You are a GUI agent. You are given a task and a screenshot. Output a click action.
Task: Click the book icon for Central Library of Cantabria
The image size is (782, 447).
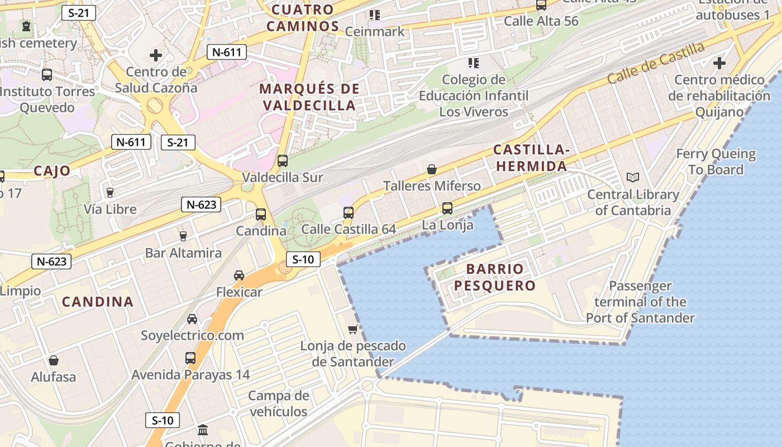pyautogui.click(x=632, y=178)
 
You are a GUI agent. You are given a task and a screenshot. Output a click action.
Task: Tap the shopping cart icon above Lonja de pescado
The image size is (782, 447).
pyautogui.click(x=352, y=329)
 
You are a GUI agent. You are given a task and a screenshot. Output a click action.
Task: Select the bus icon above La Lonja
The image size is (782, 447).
pyautogui.click(x=447, y=208)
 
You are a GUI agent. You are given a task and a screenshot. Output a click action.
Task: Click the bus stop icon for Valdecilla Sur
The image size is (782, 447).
pyautogui.click(x=283, y=161)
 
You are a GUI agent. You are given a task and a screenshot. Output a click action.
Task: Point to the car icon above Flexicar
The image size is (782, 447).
pyautogui.click(x=239, y=275)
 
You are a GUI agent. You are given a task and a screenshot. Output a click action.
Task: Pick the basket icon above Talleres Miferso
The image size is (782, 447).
pyautogui.click(x=431, y=169)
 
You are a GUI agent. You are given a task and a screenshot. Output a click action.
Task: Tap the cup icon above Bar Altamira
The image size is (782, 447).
pyautogui.click(x=183, y=236)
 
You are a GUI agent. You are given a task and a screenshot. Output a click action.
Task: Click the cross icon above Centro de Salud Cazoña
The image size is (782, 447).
pyautogui.click(x=156, y=55)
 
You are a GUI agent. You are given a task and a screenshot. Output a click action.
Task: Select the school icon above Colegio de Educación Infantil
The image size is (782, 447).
pyautogui.click(x=474, y=63)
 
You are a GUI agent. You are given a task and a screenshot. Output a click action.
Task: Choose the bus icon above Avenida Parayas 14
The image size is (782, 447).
pyautogui.click(x=190, y=358)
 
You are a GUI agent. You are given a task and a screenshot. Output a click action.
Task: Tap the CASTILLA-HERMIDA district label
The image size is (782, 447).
pyautogui.click(x=532, y=158)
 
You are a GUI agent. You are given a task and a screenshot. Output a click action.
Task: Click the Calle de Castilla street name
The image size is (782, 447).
pyautogui.click(x=656, y=63)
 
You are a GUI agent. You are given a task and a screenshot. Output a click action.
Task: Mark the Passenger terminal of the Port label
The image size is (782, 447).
pyautogui.click(x=640, y=302)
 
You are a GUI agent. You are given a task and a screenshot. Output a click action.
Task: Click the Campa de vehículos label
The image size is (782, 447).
pyautogui.click(x=278, y=404)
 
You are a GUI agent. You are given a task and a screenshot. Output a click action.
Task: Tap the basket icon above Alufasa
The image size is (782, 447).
pyautogui.click(x=54, y=360)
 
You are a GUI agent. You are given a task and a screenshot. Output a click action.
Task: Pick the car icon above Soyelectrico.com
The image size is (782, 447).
pyautogui.click(x=192, y=318)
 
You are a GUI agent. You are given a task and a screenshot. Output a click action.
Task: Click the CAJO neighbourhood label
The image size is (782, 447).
pyautogui.click(x=52, y=171)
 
